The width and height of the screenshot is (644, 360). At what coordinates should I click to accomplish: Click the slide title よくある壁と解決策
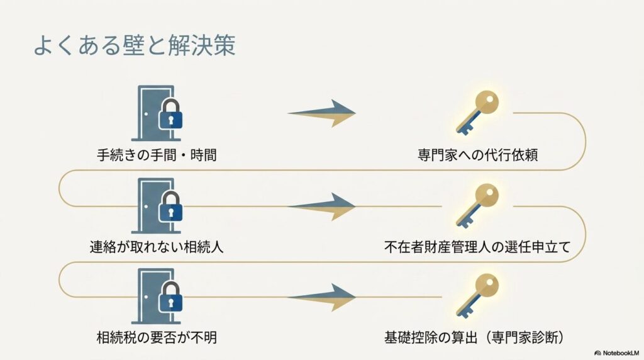coord(135,45)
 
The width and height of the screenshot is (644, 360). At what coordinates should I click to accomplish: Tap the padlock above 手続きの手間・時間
coord(170,114)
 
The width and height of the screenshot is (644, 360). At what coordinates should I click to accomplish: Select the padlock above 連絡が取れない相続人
coord(170,206)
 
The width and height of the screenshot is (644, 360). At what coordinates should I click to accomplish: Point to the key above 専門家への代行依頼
coord(477,112)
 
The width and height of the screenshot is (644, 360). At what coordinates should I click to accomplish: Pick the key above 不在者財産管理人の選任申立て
coord(477,205)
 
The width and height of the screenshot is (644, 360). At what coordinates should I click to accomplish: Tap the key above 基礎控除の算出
coord(477,296)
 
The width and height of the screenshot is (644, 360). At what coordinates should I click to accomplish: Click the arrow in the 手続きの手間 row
coord(321,113)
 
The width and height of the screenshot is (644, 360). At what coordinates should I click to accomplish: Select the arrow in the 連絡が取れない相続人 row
coord(321,206)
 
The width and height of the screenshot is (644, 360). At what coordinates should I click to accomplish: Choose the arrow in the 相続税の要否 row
coord(321,297)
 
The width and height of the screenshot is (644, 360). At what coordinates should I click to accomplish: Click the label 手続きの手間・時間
coord(157,155)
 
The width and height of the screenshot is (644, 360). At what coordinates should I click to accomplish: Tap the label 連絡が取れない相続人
coord(157,247)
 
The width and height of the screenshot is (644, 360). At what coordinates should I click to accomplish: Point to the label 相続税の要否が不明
coord(157,338)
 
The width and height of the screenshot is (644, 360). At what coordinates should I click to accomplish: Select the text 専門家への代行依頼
coord(478,155)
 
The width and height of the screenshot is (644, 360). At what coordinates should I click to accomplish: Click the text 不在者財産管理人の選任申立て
coord(478,247)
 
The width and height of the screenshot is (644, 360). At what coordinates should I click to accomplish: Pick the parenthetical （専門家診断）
coord(525,338)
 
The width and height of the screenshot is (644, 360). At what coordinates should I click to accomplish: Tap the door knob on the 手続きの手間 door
coord(146,114)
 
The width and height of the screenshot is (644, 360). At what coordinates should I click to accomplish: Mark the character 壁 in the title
coord(134,45)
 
